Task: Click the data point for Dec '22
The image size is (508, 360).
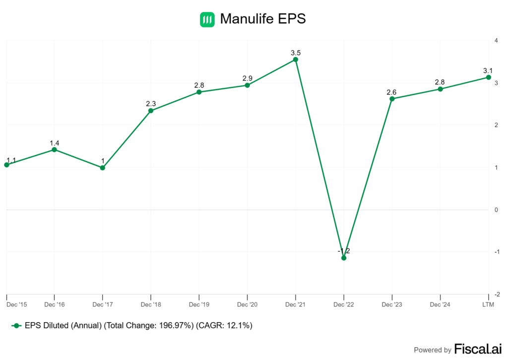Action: pos(344,258)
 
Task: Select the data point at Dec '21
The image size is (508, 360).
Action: pos(296,60)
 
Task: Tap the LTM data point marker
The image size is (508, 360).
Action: pos(489,77)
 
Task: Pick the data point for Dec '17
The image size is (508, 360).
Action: pos(102,168)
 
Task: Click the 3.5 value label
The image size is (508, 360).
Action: pos(296,53)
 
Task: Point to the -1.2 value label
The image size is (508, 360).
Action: pos(344,251)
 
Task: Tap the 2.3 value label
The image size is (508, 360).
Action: pos(151,104)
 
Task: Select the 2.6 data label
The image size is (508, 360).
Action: pos(392,92)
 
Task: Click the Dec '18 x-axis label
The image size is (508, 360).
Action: pos(150,303)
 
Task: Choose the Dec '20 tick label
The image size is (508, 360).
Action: pos(247,303)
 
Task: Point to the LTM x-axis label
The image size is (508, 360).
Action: pos(489,303)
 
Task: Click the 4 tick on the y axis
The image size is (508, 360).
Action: pos(497,40)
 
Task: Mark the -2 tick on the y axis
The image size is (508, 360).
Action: pos(497,294)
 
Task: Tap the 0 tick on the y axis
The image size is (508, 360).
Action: pos(497,210)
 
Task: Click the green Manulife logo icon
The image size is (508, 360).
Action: pos(207,19)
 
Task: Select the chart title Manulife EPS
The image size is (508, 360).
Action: pos(263,19)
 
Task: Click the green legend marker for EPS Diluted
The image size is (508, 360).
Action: pos(16,326)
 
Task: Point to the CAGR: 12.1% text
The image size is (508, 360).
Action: pos(225,326)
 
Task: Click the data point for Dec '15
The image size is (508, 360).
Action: pos(6,164)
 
